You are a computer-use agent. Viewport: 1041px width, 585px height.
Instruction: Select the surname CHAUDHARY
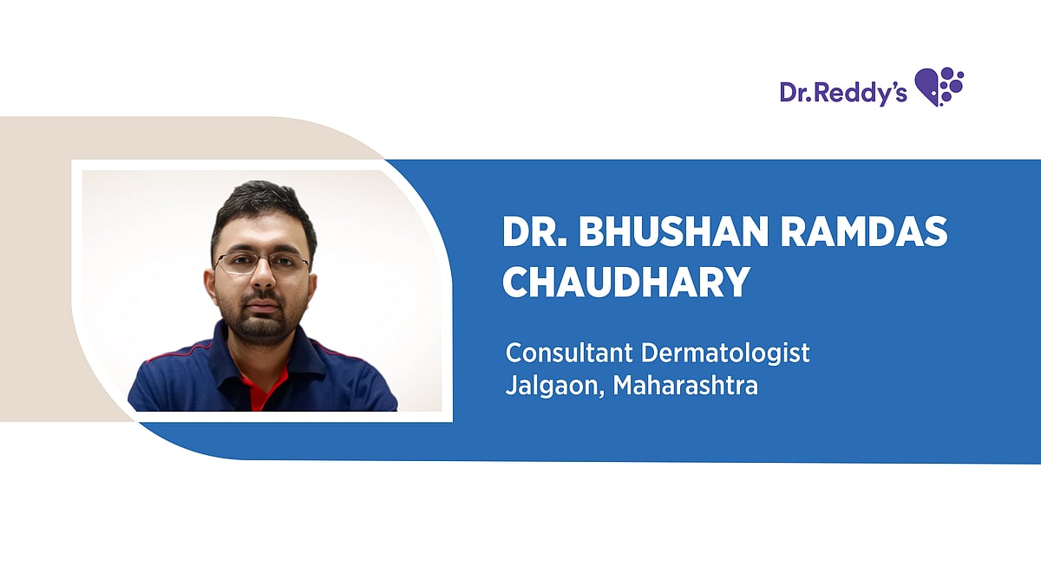click(625, 282)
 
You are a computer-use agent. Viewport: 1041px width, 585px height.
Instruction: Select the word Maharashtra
click(685, 386)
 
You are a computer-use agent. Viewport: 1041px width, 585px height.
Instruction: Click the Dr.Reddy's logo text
click(831, 91)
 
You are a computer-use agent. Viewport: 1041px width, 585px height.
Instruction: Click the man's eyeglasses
click(262, 262)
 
